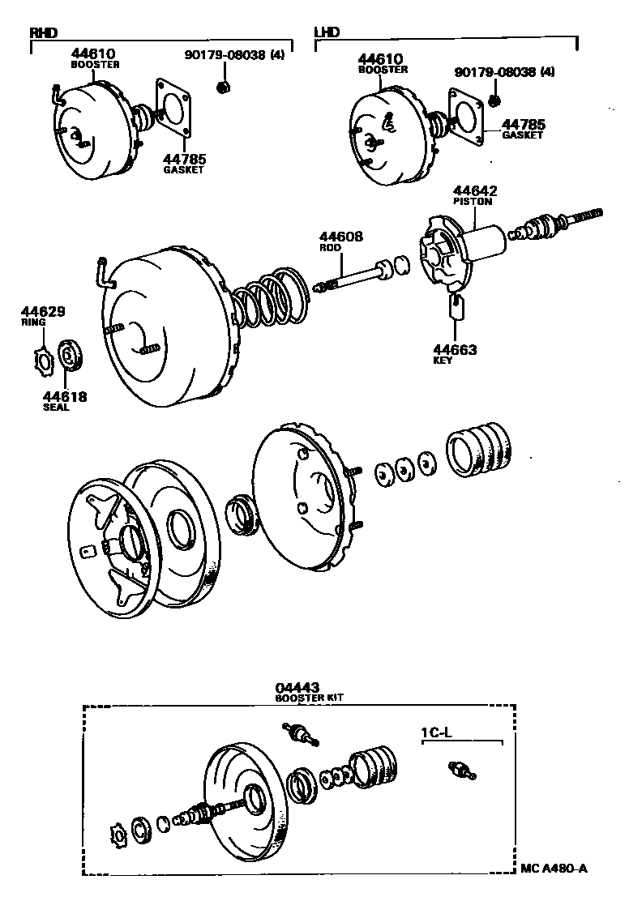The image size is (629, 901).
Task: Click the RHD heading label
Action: pos(44,32)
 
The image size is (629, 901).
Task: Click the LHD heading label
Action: pos(327,32)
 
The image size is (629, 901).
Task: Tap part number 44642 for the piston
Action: pos(476,191)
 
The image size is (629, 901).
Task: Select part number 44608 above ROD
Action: pos(341,237)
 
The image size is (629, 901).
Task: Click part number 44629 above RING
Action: pos(43,311)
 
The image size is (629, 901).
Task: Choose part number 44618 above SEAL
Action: pos(65,396)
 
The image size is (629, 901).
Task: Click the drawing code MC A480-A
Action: pos(553,869)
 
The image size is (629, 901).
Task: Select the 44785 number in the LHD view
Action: pos(523,125)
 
